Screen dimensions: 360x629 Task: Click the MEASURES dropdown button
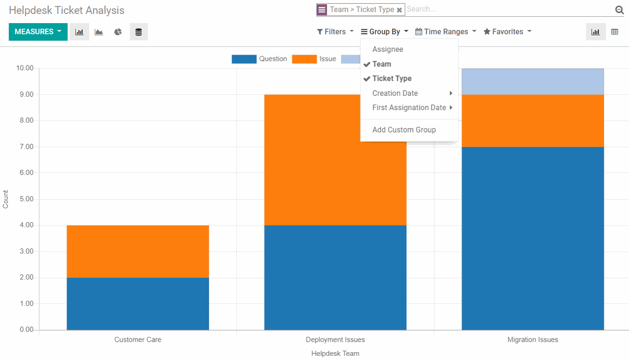(x=38, y=32)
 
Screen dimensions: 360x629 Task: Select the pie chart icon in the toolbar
(x=118, y=32)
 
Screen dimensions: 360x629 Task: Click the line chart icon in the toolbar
(x=99, y=32)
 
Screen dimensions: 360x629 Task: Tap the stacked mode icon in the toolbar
(x=138, y=32)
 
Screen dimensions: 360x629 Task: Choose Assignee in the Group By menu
(x=387, y=49)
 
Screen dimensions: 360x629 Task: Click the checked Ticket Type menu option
(x=392, y=79)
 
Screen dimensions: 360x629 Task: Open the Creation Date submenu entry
(x=395, y=93)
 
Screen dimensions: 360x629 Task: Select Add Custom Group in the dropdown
(x=404, y=130)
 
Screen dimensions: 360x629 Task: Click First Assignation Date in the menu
(x=409, y=107)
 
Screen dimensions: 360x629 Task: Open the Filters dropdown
(x=335, y=32)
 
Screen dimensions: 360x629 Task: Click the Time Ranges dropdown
(x=446, y=32)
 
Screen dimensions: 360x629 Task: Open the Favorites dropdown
(x=507, y=32)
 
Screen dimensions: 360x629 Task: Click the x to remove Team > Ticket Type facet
(x=399, y=10)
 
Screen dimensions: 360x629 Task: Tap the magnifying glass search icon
(x=619, y=10)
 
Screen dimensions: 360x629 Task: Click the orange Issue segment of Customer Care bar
(x=137, y=251)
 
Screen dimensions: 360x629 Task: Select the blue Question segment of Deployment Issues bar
(x=335, y=277)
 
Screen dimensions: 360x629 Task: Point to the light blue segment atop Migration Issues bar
(x=533, y=81)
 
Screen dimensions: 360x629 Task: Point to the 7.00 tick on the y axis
(x=25, y=147)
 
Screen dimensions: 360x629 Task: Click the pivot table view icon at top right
(x=615, y=32)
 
